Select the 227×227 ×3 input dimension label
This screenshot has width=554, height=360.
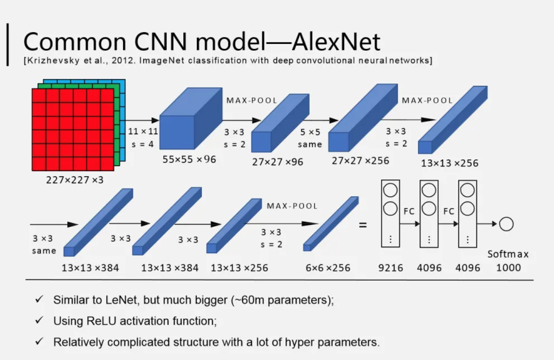74,180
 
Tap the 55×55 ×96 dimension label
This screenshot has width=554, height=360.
189,159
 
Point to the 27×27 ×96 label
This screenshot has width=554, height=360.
277,162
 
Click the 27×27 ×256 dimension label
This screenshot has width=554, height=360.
360,161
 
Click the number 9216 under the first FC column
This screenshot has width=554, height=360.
391,268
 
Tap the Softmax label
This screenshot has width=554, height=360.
508,254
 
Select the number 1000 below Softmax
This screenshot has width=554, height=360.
508,268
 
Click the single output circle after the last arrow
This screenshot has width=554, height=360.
506,224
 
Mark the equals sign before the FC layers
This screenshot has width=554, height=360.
363,225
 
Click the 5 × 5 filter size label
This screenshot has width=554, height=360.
310,132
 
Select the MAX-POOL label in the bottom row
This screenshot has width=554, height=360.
292,206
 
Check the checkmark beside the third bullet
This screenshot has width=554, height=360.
40,342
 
